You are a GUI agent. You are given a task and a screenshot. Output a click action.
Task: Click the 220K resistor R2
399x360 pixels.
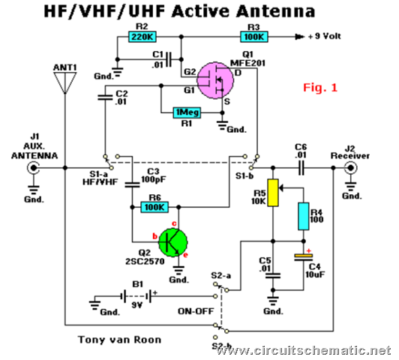click(142, 37)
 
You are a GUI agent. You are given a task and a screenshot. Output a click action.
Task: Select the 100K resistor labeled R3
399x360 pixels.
click(254, 37)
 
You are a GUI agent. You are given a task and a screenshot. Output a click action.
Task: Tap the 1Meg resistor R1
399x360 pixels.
click(187, 112)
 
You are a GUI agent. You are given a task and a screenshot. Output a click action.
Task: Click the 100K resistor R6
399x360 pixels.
click(154, 207)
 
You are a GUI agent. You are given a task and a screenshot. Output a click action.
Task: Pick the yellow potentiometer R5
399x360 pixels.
click(273, 193)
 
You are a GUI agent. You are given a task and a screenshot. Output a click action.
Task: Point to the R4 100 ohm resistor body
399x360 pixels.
click(304, 216)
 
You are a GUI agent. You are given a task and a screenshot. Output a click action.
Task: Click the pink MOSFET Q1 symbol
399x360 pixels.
click(215, 81)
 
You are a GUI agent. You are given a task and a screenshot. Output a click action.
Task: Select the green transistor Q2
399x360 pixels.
click(173, 242)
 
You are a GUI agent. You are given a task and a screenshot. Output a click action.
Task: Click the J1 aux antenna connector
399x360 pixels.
click(33, 168)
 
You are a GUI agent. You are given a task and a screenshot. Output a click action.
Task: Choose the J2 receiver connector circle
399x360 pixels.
click(351, 168)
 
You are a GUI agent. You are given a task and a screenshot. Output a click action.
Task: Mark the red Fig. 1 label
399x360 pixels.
click(320, 88)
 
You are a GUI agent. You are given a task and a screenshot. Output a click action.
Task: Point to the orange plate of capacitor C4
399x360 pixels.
click(304, 255)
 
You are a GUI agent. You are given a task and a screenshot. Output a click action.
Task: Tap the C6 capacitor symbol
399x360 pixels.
click(301, 168)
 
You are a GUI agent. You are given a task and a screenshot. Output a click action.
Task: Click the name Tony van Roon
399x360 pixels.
click(119, 340)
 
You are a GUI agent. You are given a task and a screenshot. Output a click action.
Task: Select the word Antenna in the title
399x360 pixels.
click(276, 11)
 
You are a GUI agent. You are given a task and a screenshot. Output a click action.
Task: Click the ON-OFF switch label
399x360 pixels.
click(196, 311)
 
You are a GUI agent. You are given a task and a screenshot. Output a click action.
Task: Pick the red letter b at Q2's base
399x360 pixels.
click(154, 236)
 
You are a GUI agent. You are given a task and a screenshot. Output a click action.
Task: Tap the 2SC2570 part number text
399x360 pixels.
click(145, 261)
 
